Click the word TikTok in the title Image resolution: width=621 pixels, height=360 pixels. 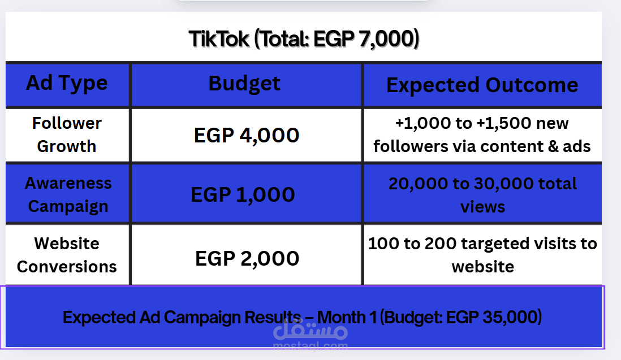click(x=219, y=39)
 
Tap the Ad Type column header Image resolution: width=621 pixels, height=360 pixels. click(x=67, y=84)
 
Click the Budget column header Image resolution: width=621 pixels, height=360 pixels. click(x=244, y=84)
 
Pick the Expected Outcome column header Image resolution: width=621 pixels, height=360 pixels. click(x=482, y=85)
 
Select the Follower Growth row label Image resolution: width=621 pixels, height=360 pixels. click(x=67, y=135)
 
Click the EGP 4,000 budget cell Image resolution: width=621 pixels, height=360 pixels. click(x=247, y=135)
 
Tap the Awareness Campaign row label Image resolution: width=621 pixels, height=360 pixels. click(x=68, y=194)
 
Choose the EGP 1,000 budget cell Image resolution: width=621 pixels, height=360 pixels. click(x=243, y=194)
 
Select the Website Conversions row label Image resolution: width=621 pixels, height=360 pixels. click(x=67, y=255)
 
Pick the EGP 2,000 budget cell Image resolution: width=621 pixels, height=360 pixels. click(x=247, y=259)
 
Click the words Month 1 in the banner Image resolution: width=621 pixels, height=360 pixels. click(x=347, y=317)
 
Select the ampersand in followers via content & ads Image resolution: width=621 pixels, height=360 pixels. click(x=553, y=147)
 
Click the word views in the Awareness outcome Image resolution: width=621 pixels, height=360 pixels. click(x=482, y=207)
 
